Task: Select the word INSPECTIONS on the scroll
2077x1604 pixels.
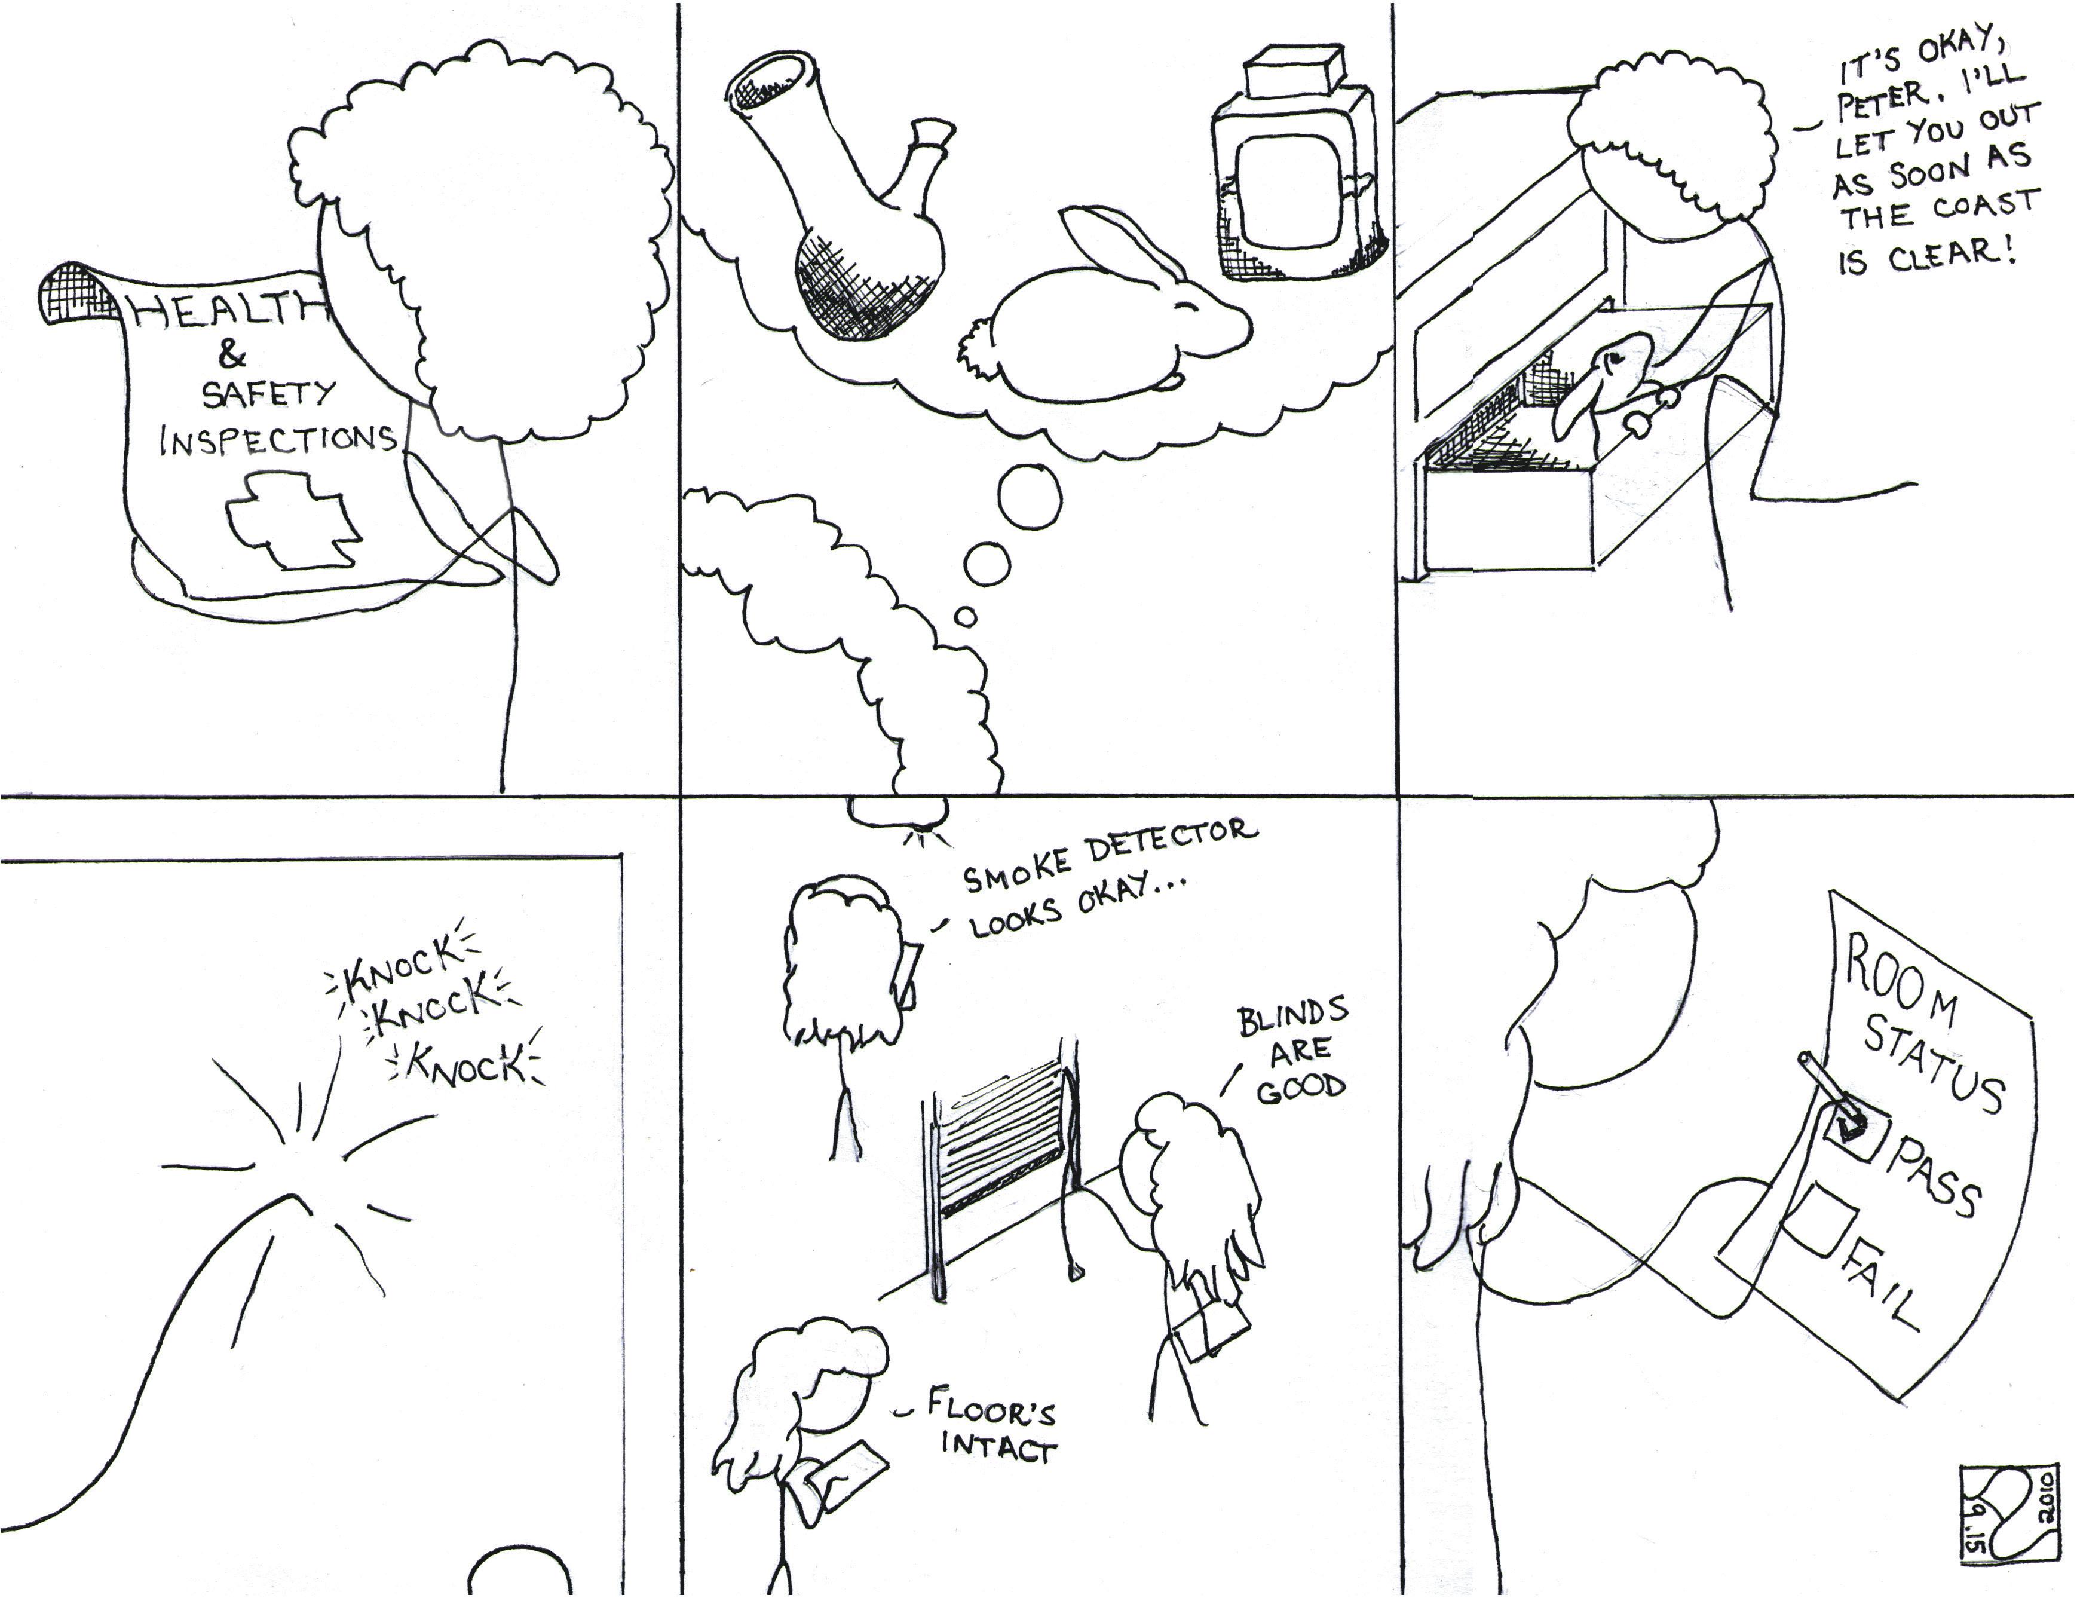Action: click(278, 439)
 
